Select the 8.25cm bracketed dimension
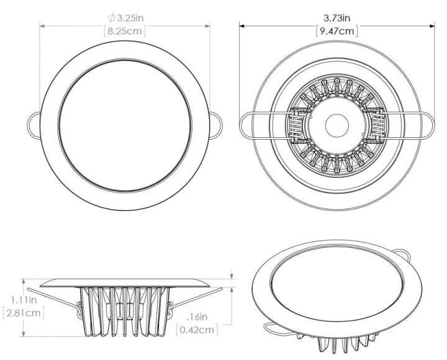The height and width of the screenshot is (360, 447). pos(125,31)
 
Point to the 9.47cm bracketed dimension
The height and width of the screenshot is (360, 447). pos(336,31)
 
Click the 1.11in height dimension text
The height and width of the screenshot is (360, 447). pos(24,300)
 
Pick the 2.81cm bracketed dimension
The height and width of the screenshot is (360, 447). pos(24,313)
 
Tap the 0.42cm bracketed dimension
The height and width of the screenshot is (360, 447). pos(196,329)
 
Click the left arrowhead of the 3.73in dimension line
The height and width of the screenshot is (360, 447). pos(243,25)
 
